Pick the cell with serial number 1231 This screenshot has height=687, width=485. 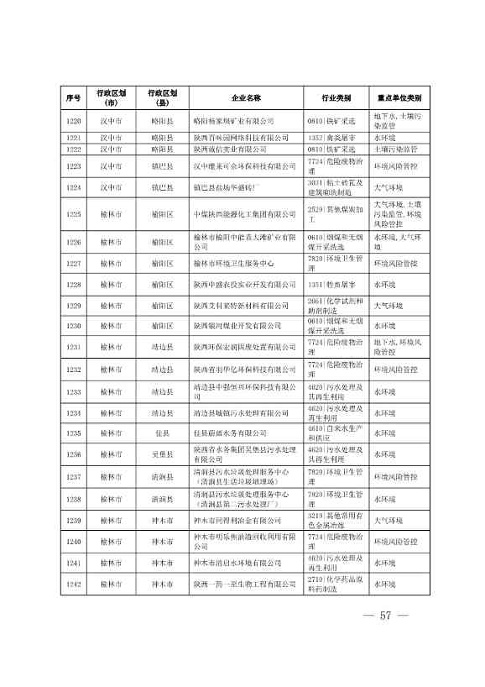[73, 347]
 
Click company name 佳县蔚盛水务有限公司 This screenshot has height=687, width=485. [232, 433]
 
